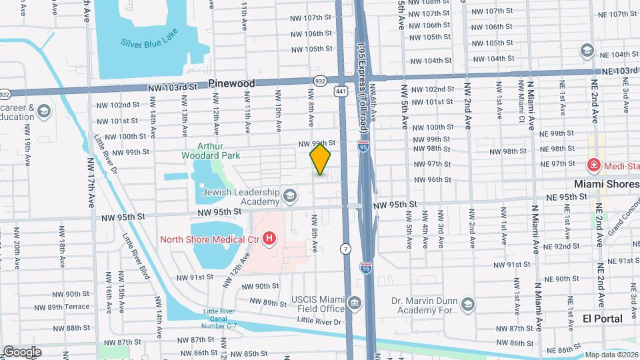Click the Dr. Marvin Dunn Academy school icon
468,305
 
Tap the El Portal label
602,319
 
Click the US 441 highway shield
341,91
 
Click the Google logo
22,351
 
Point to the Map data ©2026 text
611,355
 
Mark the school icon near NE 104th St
587,50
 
